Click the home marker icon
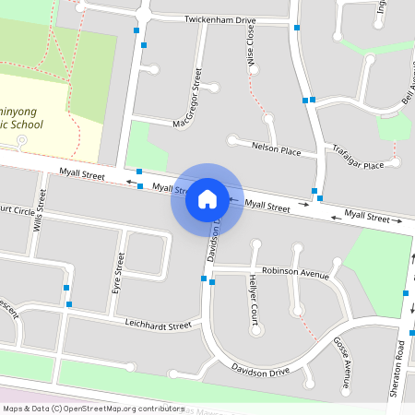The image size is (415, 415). [x=207, y=198]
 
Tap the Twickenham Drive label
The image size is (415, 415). [x=219, y=19]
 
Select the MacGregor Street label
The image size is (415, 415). [x=187, y=97]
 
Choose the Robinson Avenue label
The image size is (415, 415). [x=295, y=273]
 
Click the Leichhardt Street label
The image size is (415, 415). [x=157, y=325]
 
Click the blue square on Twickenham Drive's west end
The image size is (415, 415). [x=137, y=30]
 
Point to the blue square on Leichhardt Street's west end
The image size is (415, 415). [x=68, y=303]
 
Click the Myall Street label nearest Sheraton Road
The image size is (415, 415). [x=366, y=215]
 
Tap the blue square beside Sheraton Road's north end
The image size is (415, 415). [x=406, y=293]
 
